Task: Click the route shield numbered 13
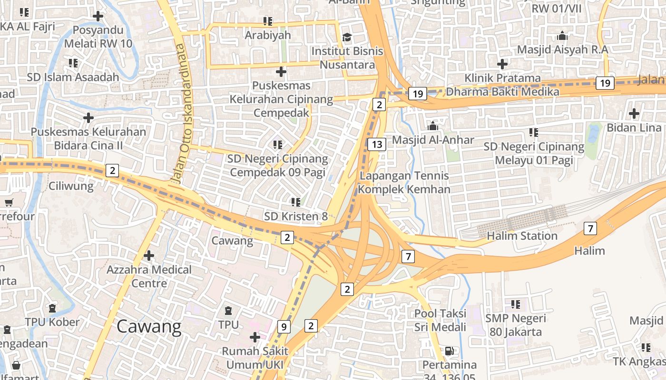(x=377, y=144)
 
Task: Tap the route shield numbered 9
(x=284, y=326)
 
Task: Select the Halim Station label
(x=522, y=236)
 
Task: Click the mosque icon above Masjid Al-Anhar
(x=432, y=126)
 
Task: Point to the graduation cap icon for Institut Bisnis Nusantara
(x=347, y=37)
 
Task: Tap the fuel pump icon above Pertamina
(x=449, y=351)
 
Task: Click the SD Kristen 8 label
(x=296, y=216)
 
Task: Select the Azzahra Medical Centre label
(x=149, y=276)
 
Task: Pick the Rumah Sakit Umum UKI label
(x=255, y=358)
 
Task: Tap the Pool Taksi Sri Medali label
(x=440, y=320)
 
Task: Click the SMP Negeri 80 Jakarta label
(x=516, y=325)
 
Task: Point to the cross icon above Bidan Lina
(x=634, y=114)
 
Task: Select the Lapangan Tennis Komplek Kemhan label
(x=404, y=182)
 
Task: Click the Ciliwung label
(x=71, y=186)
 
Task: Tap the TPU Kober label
(x=52, y=322)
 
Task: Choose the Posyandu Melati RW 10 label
(x=98, y=37)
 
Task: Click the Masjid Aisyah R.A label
(x=562, y=49)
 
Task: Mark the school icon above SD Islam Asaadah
(x=73, y=63)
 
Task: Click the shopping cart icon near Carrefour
(x=9, y=203)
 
